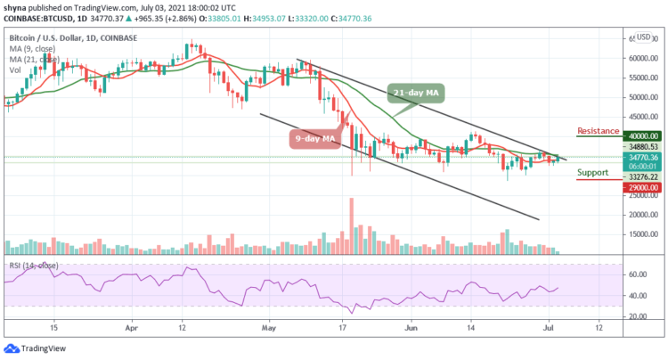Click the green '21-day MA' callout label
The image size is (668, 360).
pyautogui.click(x=415, y=93)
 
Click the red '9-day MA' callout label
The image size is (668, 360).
pyautogui.click(x=316, y=138)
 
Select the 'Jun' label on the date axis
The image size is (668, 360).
pyautogui.click(x=411, y=328)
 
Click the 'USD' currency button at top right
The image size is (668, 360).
pyautogui.click(x=643, y=37)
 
